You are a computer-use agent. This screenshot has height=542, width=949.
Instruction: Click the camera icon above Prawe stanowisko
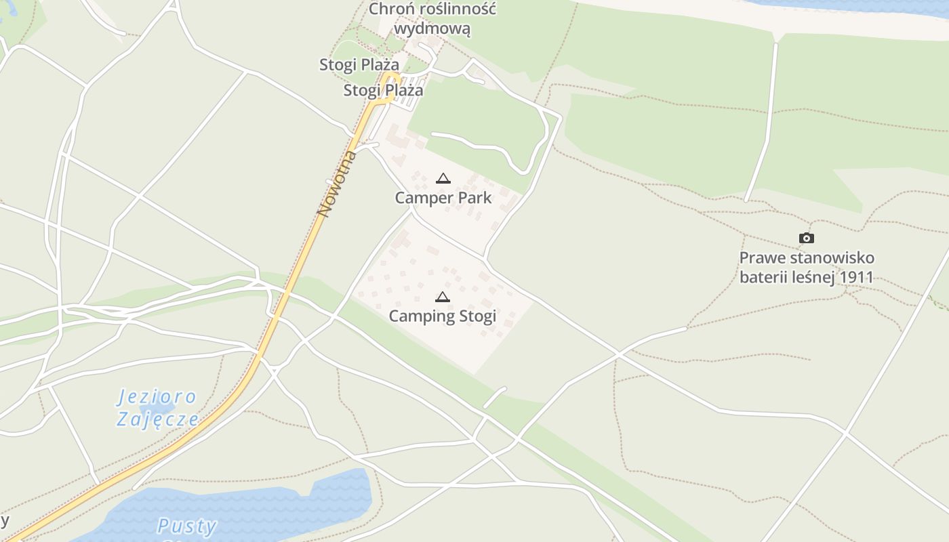[x=806, y=238]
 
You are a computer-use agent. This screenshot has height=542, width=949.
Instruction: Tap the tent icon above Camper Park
[x=443, y=179]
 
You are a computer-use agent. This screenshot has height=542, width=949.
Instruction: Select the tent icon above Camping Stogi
[x=442, y=297]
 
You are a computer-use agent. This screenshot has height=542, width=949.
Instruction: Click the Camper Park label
[x=443, y=198]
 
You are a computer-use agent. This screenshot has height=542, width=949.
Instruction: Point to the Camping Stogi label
[x=442, y=316]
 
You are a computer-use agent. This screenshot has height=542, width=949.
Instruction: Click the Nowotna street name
[x=337, y=184]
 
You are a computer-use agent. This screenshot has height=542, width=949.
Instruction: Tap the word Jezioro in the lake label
[x=157, y=397]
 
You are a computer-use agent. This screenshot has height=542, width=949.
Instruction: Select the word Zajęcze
[x=157, y=419]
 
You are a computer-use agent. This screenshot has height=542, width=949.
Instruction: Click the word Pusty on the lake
[x=186, y=526]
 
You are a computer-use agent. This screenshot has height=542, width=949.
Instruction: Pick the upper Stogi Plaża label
[x=359, y=64]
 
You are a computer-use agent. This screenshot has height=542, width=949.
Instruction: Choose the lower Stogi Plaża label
[x=383, y=90]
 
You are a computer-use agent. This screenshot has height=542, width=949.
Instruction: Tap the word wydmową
[x=432, y=29]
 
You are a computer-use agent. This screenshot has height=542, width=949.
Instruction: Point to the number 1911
[x=855, y=277]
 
